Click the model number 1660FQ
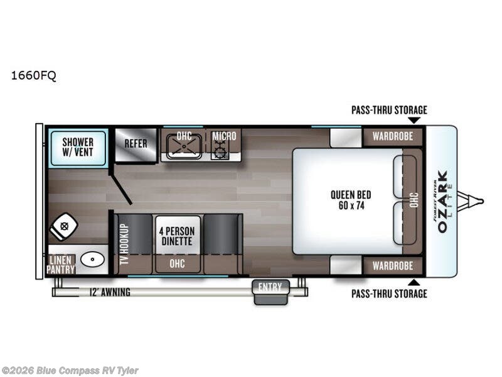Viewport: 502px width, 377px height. coord(33,76)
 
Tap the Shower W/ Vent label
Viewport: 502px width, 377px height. coord(78,147)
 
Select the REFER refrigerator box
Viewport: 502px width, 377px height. coord(136,143)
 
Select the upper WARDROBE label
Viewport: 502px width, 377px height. coord(392,136)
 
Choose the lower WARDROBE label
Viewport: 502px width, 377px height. coord(392,266)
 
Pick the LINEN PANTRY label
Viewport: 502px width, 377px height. coord(61,264)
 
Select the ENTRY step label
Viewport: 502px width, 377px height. coord(271,288)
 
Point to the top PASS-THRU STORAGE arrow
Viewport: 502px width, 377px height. coord(414,120)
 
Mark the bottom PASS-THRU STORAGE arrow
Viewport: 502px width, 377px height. coord(414,281)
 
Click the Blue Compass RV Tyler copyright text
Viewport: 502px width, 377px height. coord(70,371)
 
